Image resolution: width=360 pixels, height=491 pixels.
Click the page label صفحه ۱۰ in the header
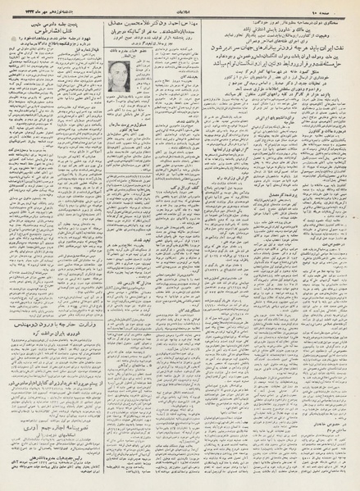[x=328, y=7]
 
